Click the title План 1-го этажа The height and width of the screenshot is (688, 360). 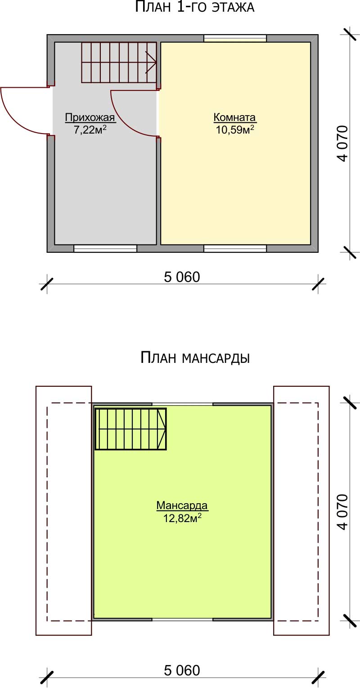coord(194,7)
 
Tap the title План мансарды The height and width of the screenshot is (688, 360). coord(195,358)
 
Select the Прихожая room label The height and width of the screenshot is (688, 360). coord(90,117)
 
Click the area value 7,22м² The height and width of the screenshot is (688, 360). coord(90,130)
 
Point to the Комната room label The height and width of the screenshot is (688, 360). coord(234,117)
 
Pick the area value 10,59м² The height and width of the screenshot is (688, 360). coord(234,130)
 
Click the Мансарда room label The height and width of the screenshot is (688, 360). coord(182,505)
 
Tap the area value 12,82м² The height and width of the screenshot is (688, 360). coord(182,518)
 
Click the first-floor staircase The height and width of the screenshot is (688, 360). coord(119,63)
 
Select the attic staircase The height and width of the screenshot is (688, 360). coord(130,429)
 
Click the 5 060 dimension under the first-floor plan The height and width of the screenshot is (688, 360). coord(182,277)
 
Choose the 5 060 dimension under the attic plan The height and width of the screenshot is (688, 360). coord(182,670)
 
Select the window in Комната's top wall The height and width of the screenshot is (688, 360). coord(235,38)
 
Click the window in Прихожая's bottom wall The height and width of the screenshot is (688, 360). coord(105,249)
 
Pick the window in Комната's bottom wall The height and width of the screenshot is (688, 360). coord(235,249)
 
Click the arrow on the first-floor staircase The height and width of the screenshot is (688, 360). coord(151,63)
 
